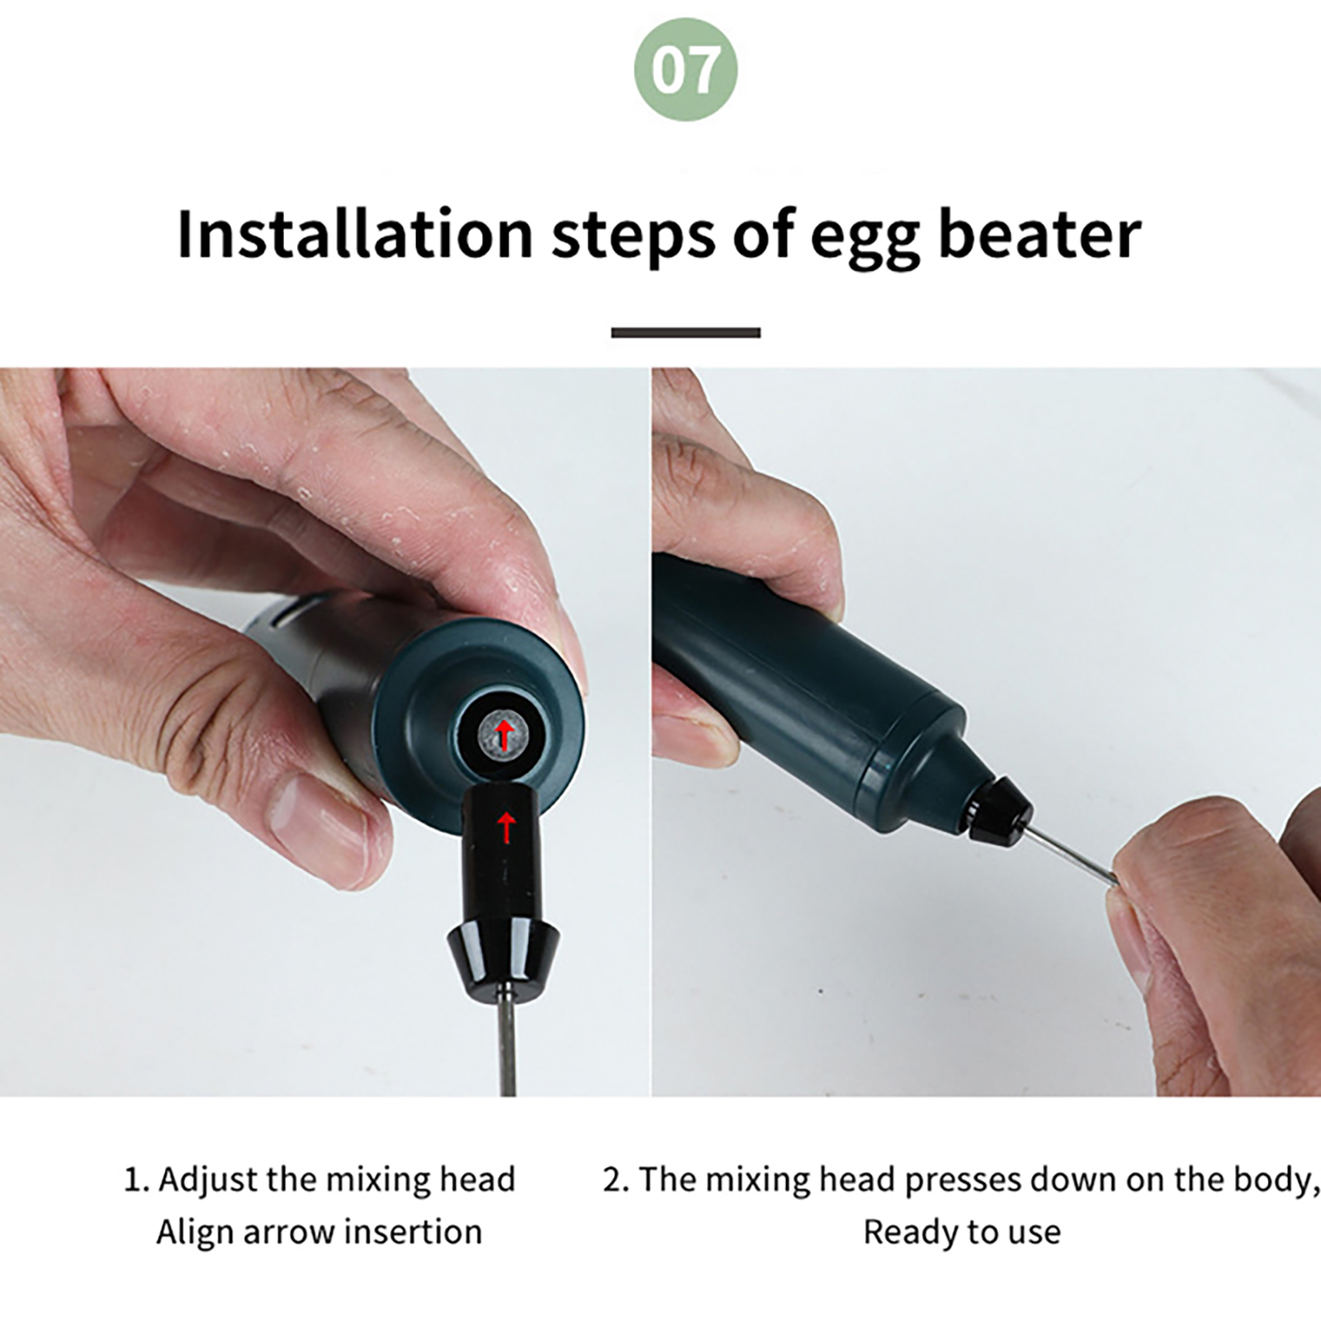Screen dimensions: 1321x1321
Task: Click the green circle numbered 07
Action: [x=685, y=70]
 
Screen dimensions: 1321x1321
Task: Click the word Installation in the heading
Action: [x=355, y=234]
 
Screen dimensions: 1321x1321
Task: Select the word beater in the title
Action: [x=1040, y=234]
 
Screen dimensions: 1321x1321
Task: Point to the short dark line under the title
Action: [x=685, y=333]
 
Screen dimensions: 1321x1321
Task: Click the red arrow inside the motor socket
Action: [x=503, y=733]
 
